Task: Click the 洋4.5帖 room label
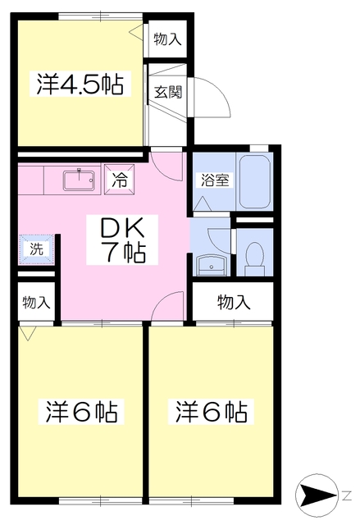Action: coord(80,84)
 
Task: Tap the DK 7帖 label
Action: coord(123,239)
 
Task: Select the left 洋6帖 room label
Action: coord(80,411)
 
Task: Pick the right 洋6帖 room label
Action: coord(211,411)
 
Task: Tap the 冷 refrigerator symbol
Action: coord(121,180)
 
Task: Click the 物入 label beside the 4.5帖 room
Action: coord(167,39)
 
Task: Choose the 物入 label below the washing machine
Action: coord(36,301)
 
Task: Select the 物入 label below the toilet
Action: coord(233,302)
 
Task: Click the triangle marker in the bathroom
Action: coord(202,202)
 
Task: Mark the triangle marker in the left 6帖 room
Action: coord(30,333)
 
